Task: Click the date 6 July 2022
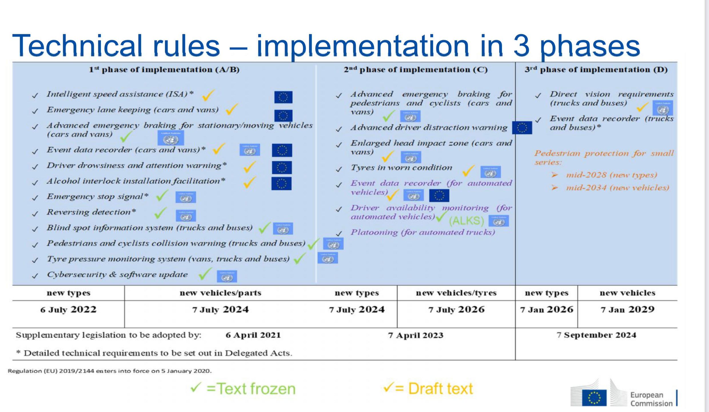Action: pyautogui.click(x=68, y=310)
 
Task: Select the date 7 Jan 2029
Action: pyautogui.click(x=628, y=310)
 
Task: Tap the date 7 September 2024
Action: pyautogui.click(x=596, y=335)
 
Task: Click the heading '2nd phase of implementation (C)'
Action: pyautogui.click(x=415, y=70)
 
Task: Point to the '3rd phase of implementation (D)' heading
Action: pyautogui.click(x=596, y=70)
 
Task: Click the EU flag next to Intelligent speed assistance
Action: pyautogui.click(x=283, y=97)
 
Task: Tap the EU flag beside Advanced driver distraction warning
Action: pyautogui.click(x=522, y=128)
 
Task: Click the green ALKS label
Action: pyautogui.click(x=467, y=221)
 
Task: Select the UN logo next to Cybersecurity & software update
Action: pyautogui.click(x=227, y=276)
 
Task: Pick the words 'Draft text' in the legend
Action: pyautogui.click(x=441, y=389)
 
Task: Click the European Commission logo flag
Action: pyautogui.click(x=594, y=398)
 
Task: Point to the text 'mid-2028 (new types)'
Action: pyautogui.click(x=612, y=175)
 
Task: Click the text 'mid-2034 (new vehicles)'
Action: pyautogui.click(x=618, y=188)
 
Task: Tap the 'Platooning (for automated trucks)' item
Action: pyautogui.click(x=423, y=232)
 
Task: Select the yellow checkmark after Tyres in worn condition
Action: pyautogui.click(x=468, y=171)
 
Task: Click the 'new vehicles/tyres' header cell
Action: pyautogui.click(x=456, y=293)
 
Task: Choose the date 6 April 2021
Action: pyautogui.click(x=253, y=335)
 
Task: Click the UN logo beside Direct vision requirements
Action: pyautogui.click(x=662, y=108)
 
